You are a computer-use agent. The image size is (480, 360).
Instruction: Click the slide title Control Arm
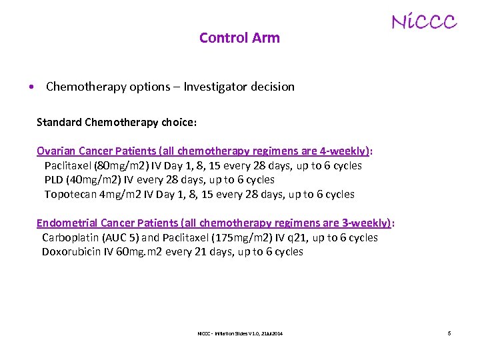click(x=239, y=38)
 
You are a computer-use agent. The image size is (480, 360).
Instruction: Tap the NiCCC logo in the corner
click(x=423, y=23)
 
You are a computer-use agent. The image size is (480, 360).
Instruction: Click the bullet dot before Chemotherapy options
click(x=31, y=87)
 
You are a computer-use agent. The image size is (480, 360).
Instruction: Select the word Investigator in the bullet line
click(x=218, y=87)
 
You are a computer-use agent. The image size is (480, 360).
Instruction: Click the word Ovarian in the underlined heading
click(x=55, y=151)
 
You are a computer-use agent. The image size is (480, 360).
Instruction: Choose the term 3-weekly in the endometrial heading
click(x=368, y=223)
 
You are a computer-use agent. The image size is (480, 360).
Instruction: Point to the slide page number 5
click(x=449, y=333)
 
